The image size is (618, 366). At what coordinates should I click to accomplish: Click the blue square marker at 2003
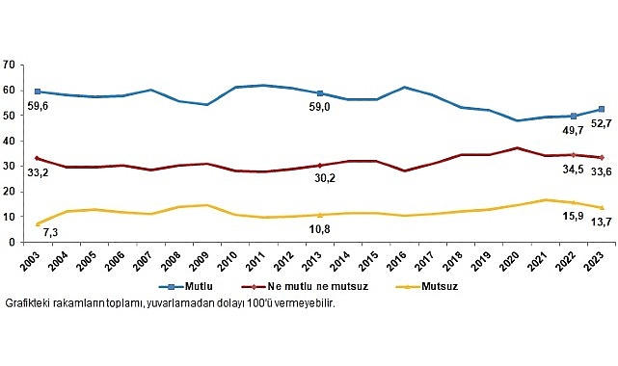click(x=37, y=91)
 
